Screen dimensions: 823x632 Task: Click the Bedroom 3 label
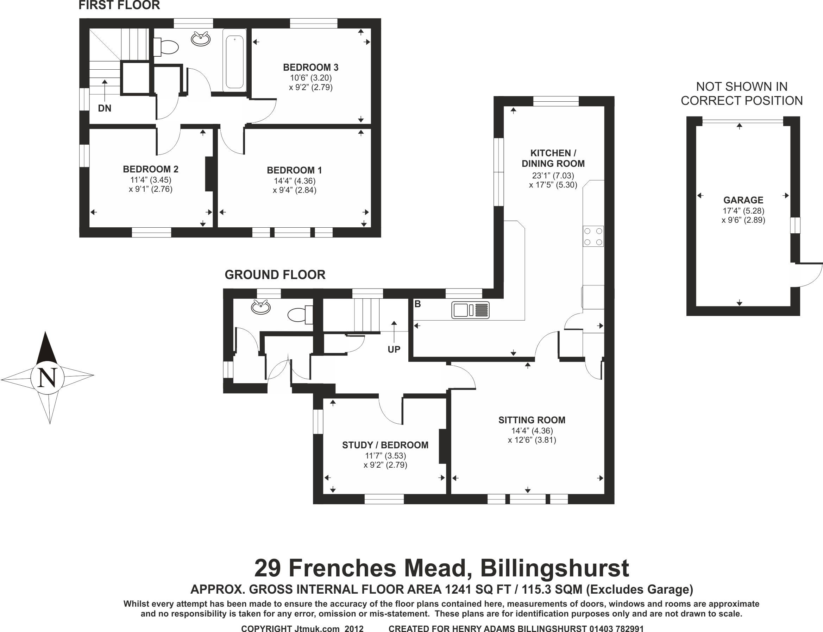click(311, 68)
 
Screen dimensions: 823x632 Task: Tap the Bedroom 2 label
click(151, 169)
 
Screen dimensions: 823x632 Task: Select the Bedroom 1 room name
click(295, 170)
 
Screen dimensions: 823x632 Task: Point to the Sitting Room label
click(532, 420)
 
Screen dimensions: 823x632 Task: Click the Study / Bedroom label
click(385, 445)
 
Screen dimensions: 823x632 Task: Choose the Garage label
click(743, 200)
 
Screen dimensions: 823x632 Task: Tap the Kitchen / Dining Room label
click(553, 158)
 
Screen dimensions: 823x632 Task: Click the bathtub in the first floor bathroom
click(235, 60)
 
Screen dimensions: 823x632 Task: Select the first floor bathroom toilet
click(166, 47)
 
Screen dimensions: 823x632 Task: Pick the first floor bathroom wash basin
click(201, 39)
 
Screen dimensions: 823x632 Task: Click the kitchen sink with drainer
click(470, 310)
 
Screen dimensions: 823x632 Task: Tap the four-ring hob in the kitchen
click(593, 236)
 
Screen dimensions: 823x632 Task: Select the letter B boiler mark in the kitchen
click(417, 304)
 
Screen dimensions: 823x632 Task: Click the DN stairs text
click(105, 108)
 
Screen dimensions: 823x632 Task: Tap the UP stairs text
click(394, 349)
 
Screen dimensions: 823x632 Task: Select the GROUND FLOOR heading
click(275, 275)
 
